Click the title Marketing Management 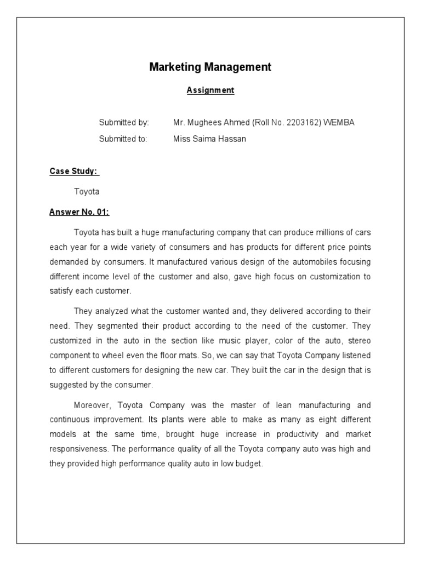(x=210, y=67)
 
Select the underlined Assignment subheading (x=210, y=90)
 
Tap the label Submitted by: (x=124, y=123)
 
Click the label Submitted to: (x=123, y=139)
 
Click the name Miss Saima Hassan (x=209, y=139)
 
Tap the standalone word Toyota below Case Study (x=87, y=192)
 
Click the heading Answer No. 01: (x=83, y=212)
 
